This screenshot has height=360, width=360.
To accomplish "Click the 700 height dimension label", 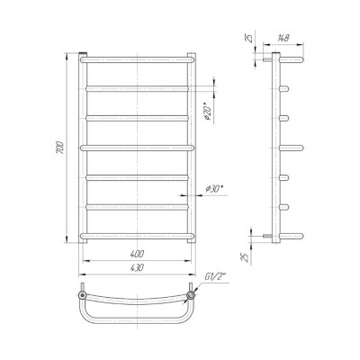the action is click(x=60, y=147).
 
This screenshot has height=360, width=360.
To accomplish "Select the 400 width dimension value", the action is click(x=137, y=254).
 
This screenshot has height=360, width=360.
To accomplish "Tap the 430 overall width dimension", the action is click(x=137, y=267).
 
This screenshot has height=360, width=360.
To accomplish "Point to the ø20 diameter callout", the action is click(x=209, y=113).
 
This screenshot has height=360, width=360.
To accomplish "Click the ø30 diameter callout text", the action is click(x=215, y=189).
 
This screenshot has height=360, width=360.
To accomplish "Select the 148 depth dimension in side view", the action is click(x=283, y=38).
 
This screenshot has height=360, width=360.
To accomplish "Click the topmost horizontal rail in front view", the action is click(x=137, y=59).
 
